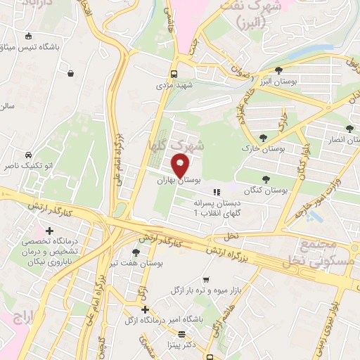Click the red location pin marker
[x=180, y=167]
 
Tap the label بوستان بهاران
[x=174, y=181]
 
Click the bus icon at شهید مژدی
[x=174, y=74]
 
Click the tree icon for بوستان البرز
[x=279, y=70]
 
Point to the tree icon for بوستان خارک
[x=264, y=139]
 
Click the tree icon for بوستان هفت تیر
[x=136, y=252]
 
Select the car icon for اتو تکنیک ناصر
[x=27, y=155]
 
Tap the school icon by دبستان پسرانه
[x=217, y=191]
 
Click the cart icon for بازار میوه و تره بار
[x=205, y=279]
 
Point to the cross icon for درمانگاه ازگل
[x=145, y=309]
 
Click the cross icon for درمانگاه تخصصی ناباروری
[x=49, y=231]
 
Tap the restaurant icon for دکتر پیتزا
[x=182, y=335]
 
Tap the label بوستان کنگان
[x=268, y=191]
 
